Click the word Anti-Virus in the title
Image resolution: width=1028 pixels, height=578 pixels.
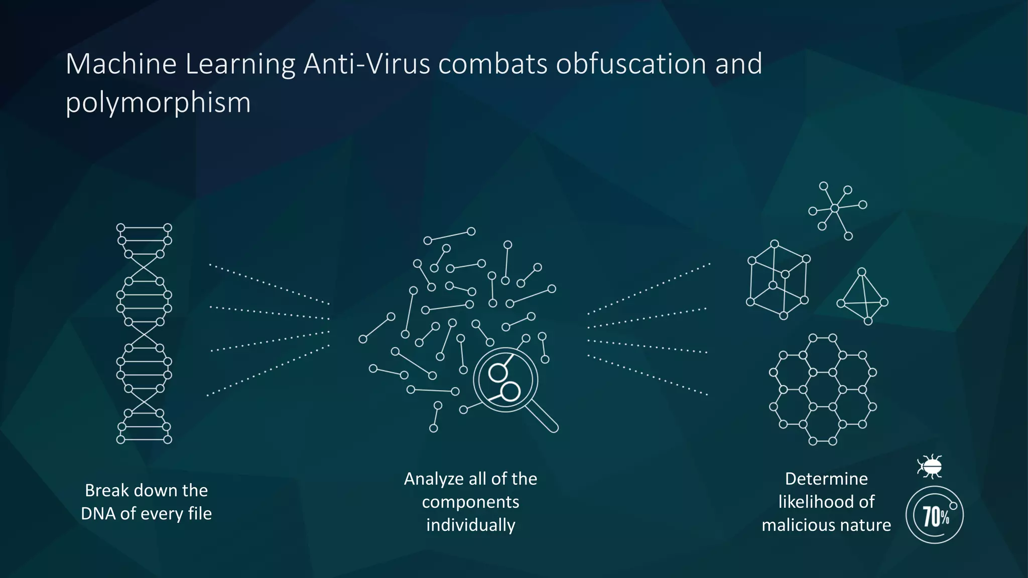click(366, 64)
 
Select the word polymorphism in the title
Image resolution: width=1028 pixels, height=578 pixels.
click(158, 103)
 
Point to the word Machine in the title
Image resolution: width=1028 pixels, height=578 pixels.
click(121, 64)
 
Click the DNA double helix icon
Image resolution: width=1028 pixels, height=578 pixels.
click(144, 334)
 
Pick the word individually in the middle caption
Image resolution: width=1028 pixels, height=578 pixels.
click(470, 525)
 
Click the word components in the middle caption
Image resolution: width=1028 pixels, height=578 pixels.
click(470, 502)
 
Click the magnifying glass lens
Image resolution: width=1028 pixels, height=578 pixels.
click(505, 380)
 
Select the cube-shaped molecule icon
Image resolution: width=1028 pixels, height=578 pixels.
click(778, 280)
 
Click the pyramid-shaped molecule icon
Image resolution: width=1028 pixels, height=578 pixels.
click(863, 297)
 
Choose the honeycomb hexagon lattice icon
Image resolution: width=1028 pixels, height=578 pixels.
click(823, 389)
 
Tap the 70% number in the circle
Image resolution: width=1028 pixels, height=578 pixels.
click(935, 515)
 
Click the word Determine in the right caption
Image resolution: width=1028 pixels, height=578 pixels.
click(826, 479)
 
